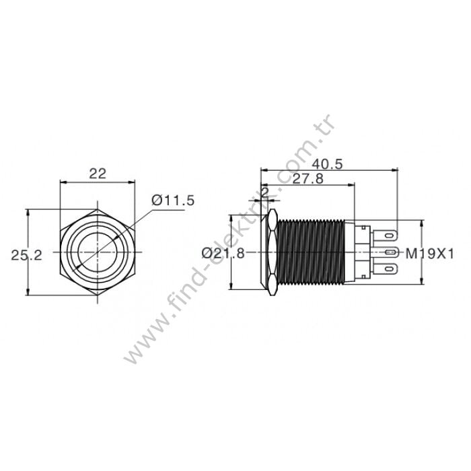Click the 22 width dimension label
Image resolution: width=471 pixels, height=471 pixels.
click(98, 173)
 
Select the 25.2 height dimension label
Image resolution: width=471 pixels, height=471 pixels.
click(26, 254)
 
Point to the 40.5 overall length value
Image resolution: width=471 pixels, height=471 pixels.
click(328, 162)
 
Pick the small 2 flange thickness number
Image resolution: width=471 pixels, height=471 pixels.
click(264, 192)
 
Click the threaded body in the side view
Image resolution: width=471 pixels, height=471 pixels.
click(312, 252)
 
